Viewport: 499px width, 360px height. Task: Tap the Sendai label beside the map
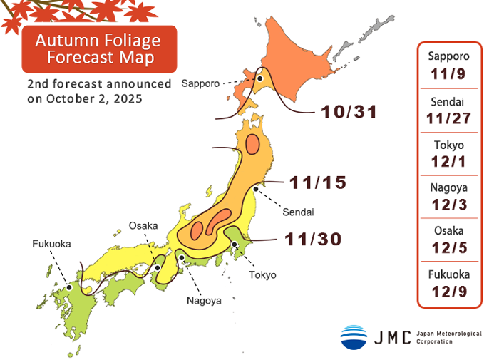click(x=298, y=212)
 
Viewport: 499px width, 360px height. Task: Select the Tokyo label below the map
click(x=262, y=274)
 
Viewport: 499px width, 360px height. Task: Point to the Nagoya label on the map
click(x=204, y=300)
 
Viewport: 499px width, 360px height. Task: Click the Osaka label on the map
click(x=143, y=226)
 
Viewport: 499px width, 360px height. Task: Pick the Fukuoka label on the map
click(x=51, y=244)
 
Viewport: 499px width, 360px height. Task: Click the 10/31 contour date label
click(x=349, y=112)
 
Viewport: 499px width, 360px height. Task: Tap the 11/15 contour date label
click(x=318, y=182)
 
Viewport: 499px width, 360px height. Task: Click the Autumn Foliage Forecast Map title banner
click(x=98, y=48)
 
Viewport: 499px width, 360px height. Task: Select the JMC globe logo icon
click(x=354, y=336)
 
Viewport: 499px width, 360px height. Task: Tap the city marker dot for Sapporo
click(x=261, y=79)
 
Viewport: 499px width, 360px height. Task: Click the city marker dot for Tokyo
click(x=235, y=245)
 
